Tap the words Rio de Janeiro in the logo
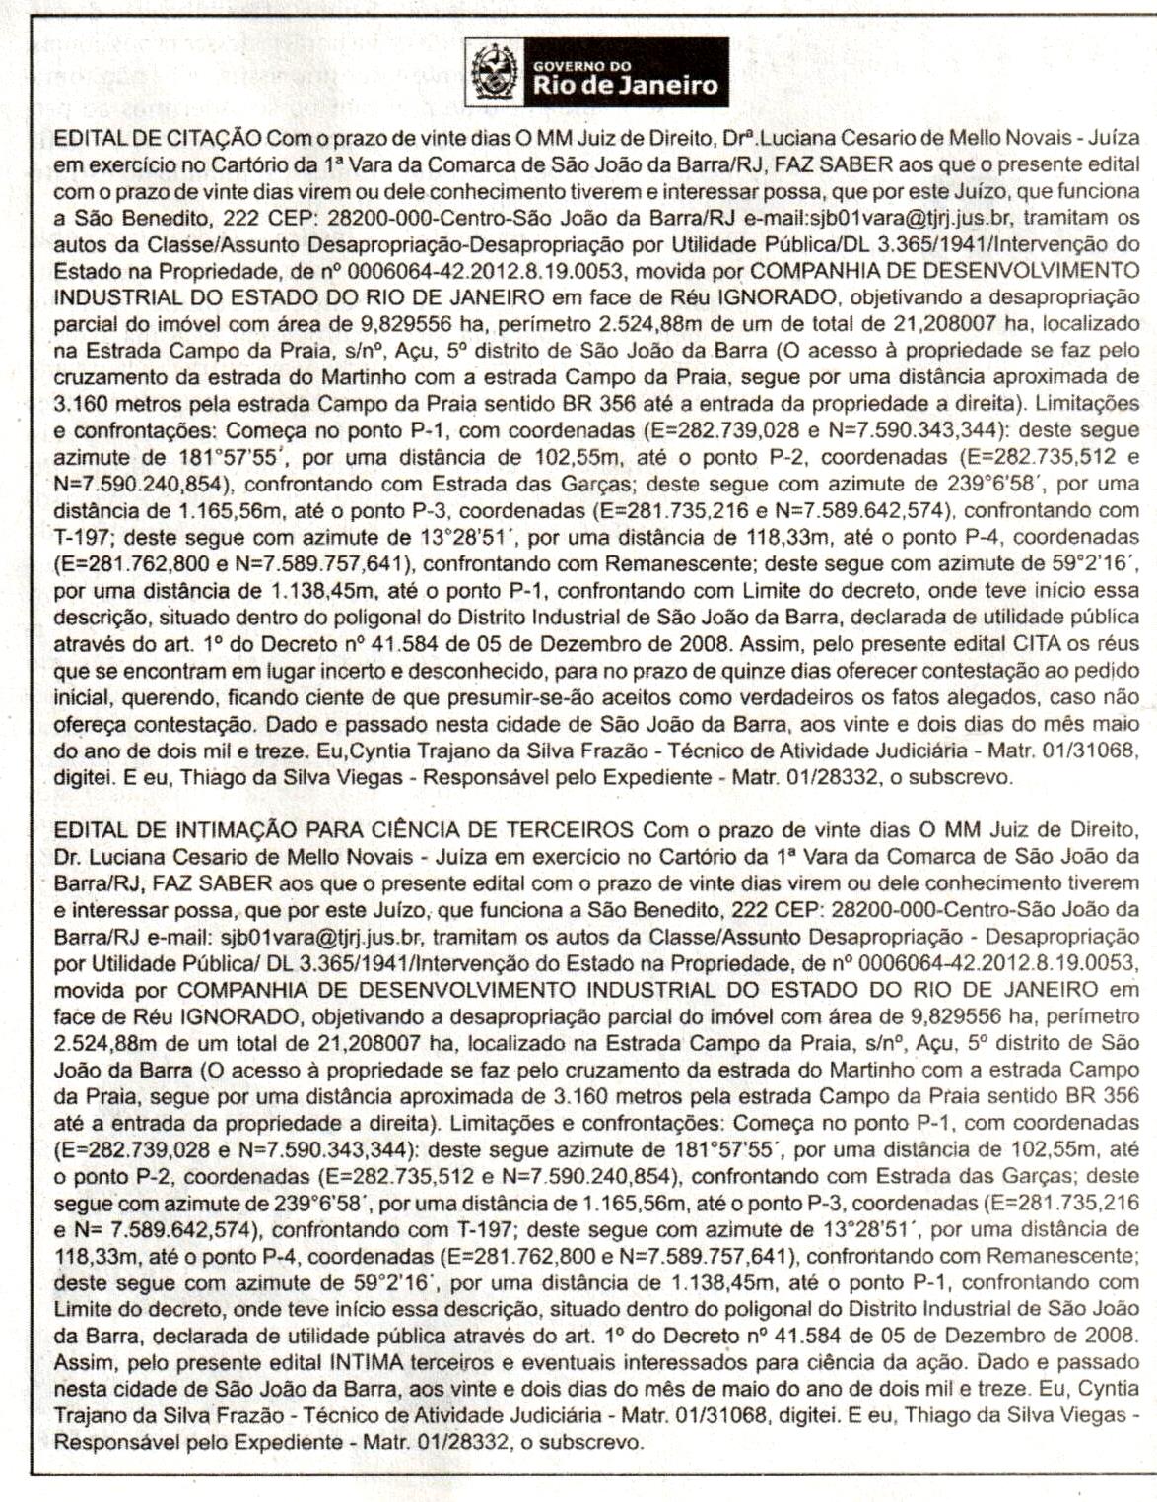626,84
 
